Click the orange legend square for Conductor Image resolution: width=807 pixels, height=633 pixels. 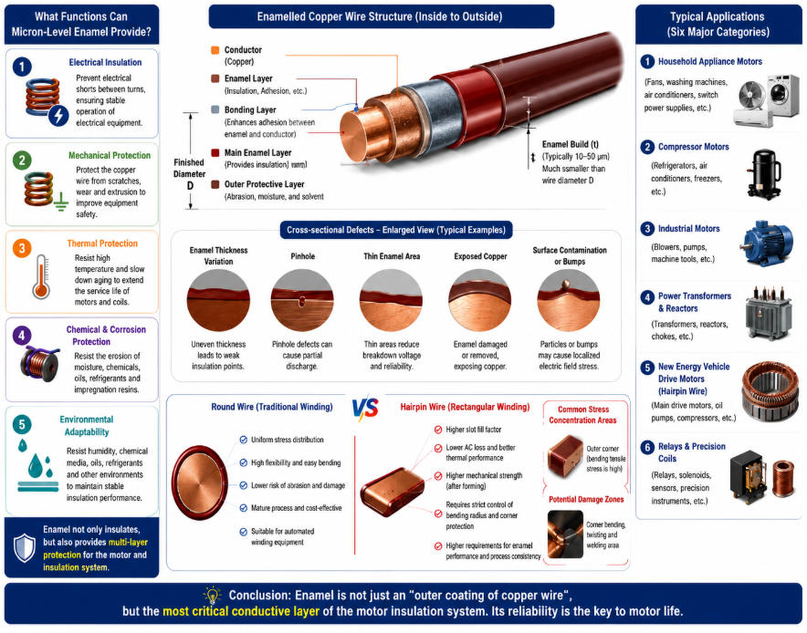[x=215, y=50]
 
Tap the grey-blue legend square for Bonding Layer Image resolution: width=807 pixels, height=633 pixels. [x=215, y=109]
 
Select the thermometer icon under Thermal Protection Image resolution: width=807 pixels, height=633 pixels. [x=41, y=276]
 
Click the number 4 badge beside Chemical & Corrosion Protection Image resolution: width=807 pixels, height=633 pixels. [x=22, y=337]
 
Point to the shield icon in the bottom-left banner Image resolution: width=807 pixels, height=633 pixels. [x=24, y=547]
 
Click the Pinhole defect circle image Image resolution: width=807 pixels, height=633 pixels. [x=302, y=300]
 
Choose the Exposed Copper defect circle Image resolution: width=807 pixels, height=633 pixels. [x=479, y=300]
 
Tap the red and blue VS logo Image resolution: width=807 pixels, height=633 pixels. [x=365, y=408]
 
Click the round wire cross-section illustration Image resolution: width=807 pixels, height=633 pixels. [x=200, y=483]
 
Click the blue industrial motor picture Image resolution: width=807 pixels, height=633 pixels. [x=768, y=244]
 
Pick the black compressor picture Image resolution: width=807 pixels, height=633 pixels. [x=764, y=174]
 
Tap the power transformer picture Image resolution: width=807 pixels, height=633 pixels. [x=768, y=313]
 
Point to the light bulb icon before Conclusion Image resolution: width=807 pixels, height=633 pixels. [x=212, y=595]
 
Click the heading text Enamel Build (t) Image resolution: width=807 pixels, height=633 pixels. [x=571, y=144]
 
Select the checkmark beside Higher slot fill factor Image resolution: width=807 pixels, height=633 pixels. [x=438, y=430]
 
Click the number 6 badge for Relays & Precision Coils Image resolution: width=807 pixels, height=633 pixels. [x=647, y=447]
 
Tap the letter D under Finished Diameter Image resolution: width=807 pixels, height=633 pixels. [x=190, y=186]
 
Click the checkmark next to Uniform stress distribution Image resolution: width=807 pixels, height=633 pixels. [x=244, y=440]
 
